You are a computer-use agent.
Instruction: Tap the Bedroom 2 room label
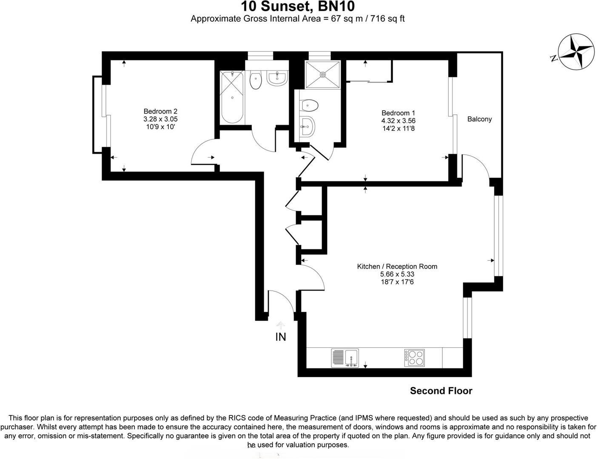[160, 112]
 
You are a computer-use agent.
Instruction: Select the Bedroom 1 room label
[398, 113]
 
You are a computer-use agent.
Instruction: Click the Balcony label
[479, 119]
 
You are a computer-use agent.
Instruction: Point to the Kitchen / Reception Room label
[397, 266]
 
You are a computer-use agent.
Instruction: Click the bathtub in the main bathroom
[232, 97]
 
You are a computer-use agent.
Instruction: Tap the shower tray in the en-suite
[323, 75]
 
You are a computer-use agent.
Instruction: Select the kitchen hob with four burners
[414, 358]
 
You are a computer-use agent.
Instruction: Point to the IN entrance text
[281, 337]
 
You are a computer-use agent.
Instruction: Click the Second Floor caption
[441, 391]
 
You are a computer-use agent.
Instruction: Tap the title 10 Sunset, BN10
[298, 7]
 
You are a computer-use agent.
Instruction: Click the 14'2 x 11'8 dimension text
[398, 128]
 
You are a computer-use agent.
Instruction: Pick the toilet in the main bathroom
[255, 81]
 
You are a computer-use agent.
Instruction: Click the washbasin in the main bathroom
[277, 78]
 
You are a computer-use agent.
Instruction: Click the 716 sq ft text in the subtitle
[387, 19]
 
